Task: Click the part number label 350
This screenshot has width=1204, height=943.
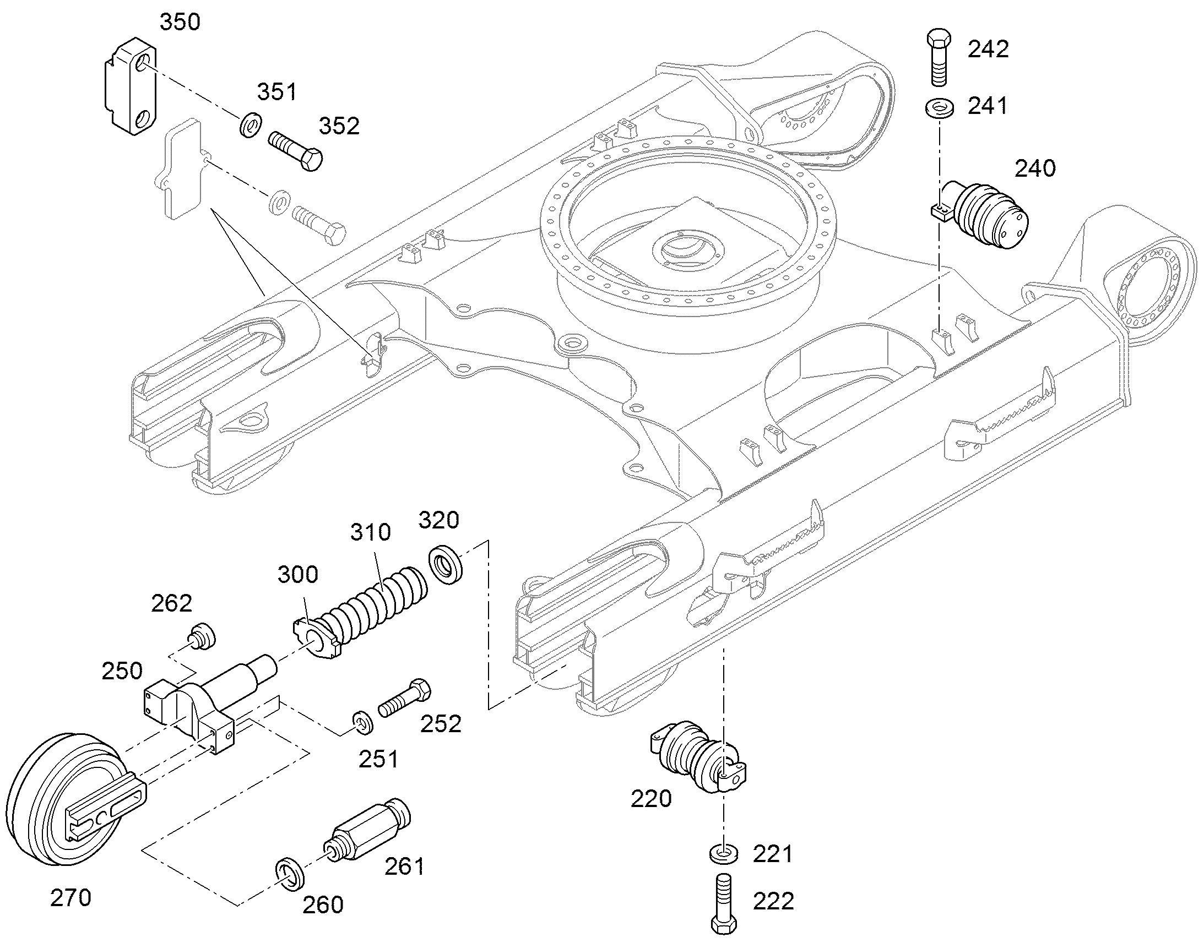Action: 180,22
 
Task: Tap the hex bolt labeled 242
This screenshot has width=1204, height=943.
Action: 939,58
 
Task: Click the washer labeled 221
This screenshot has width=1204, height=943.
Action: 723,855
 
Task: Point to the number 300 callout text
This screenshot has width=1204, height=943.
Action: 297,575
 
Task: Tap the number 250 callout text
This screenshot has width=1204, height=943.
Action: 122,671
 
